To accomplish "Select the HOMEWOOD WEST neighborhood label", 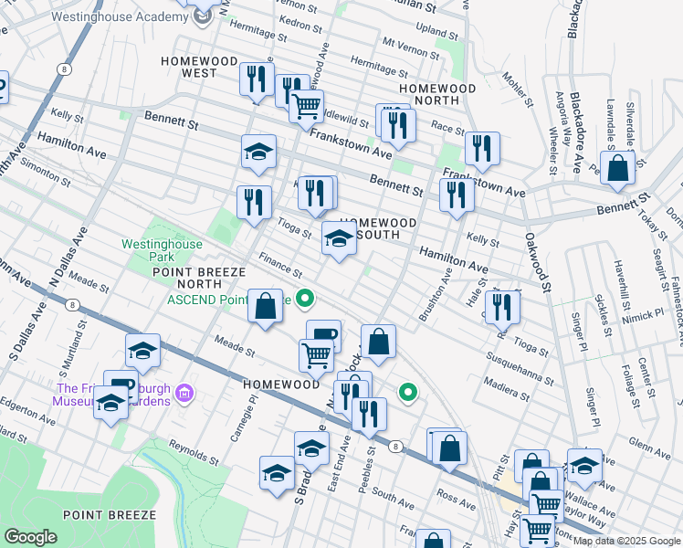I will pos(188,66).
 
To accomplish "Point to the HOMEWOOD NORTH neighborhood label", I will pos(443,94).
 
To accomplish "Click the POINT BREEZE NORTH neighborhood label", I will pos(199,279).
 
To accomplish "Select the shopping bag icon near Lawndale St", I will pos(618,169).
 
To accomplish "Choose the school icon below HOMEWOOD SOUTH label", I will pos(339,241).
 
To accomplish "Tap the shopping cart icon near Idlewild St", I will pos(307,104).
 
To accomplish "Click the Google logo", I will pos(31,537).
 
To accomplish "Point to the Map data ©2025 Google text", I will pos(625,541).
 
